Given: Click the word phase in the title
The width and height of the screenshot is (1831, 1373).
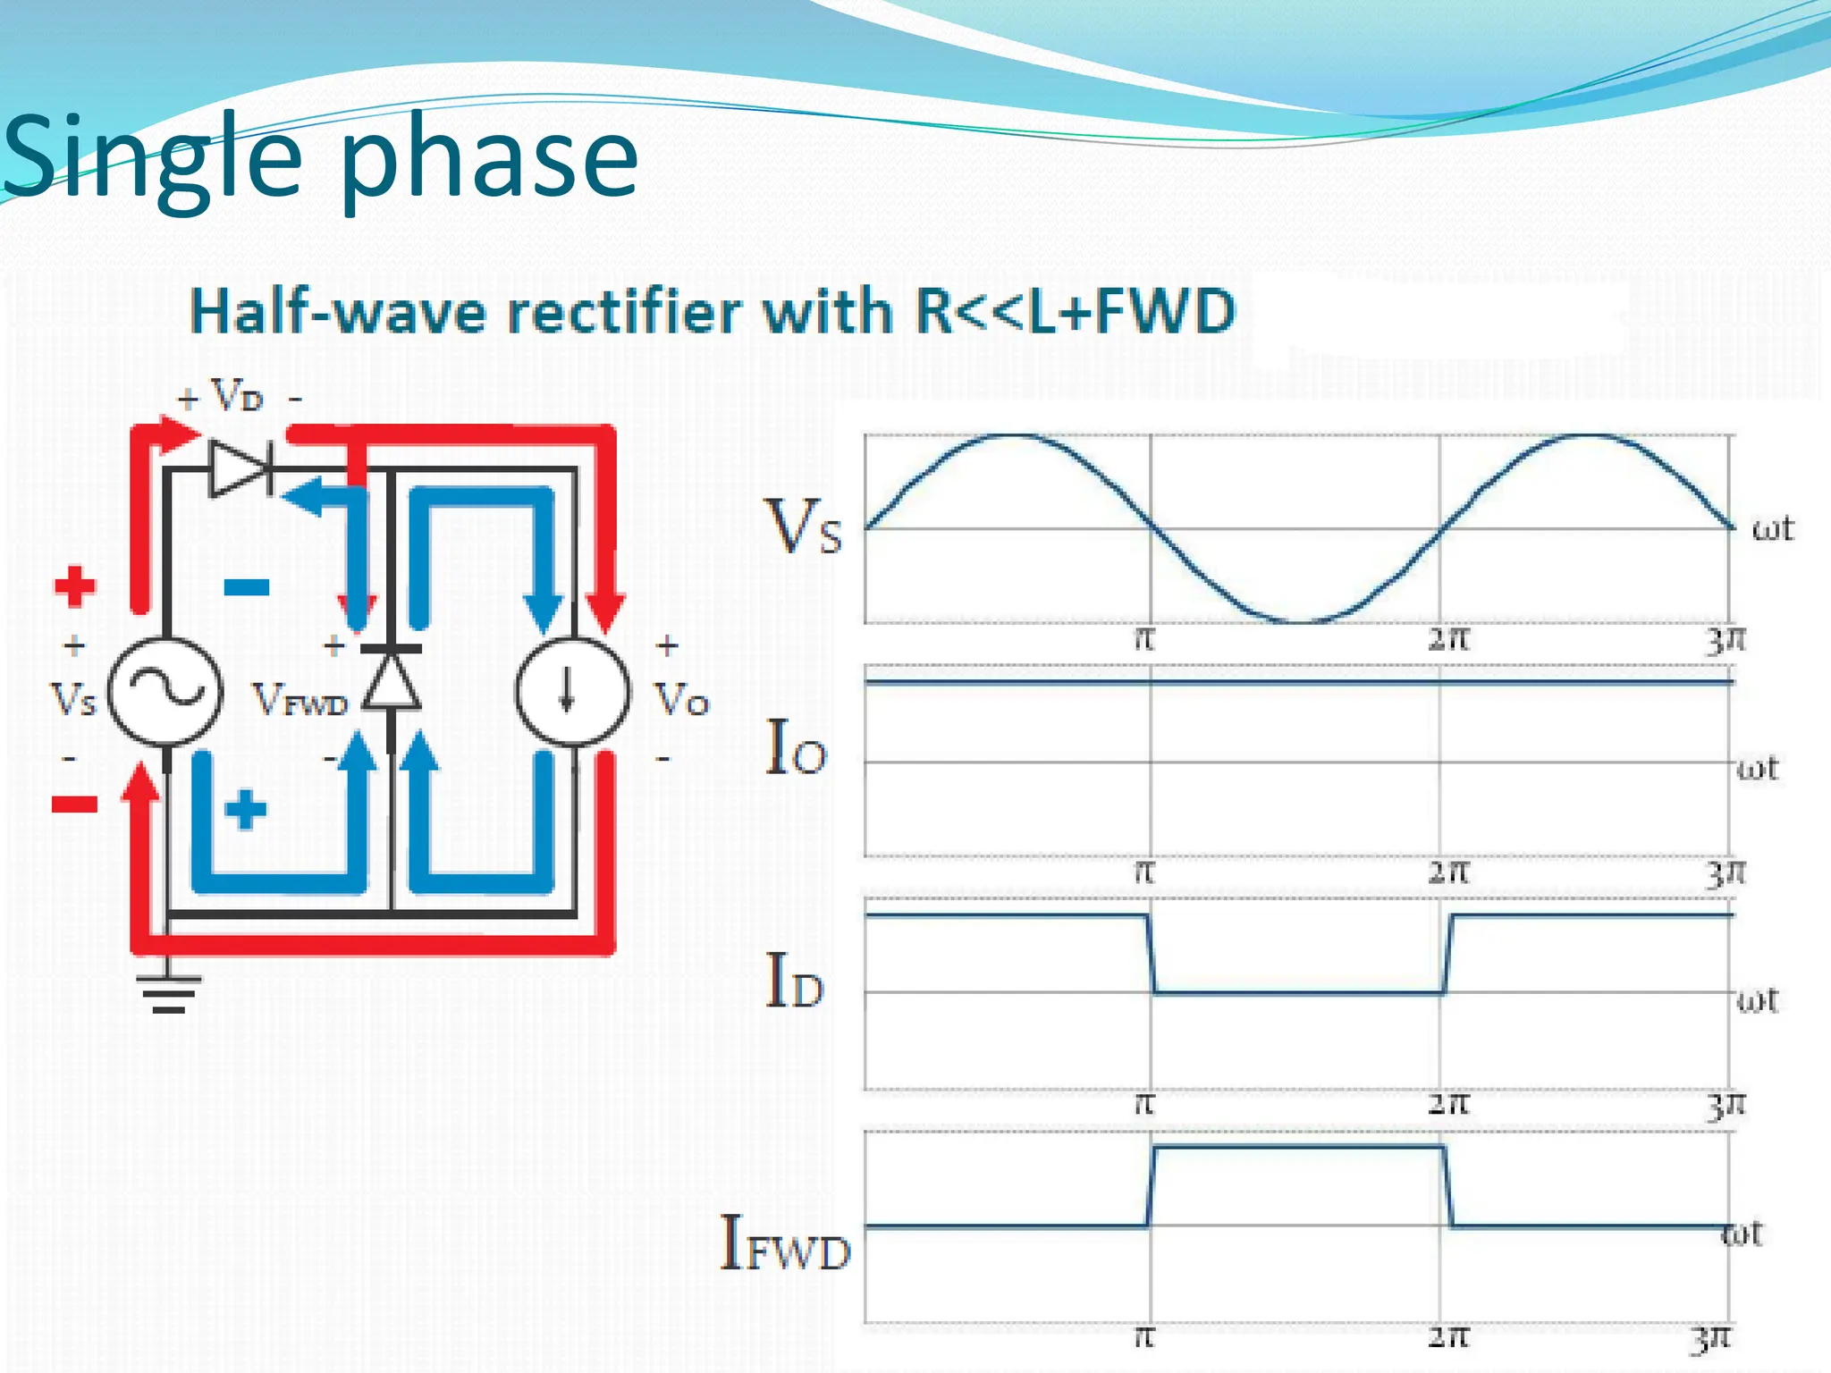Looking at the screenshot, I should (x=489, y=161).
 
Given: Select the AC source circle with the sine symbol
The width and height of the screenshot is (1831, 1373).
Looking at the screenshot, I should (x=165, y=692).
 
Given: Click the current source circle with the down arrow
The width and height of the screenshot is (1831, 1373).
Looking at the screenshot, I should (x=572, y=692).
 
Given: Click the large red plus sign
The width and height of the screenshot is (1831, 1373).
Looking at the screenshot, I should (x=74, y=586).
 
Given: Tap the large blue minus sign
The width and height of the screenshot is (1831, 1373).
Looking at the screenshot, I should (x=247, y=587).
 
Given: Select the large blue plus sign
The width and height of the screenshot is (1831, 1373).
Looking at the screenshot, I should (x=246, y=810).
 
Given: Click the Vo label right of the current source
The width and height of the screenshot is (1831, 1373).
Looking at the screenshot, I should (x=681, y=700).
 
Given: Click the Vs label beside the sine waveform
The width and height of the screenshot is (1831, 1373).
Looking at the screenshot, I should (x=803, y=527).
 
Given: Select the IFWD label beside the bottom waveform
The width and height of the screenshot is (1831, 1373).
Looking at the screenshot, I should (x=785, y=1243).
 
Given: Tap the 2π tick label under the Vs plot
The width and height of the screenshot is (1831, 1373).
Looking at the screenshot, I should (x=1447, y=639).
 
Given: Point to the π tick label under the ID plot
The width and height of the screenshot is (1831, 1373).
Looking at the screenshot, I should (x=1144, y=1104).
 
